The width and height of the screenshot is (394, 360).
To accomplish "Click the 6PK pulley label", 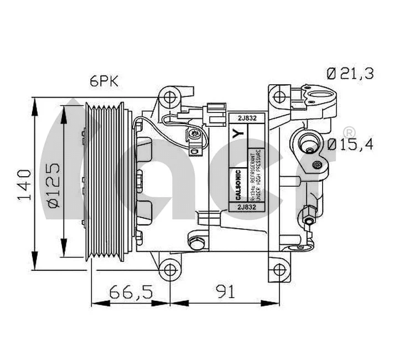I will click(105, 81).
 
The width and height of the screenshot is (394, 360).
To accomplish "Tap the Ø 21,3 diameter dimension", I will click(350, 73).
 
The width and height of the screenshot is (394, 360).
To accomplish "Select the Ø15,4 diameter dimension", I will click(350, 145).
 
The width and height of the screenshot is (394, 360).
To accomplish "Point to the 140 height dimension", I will click(23, 183).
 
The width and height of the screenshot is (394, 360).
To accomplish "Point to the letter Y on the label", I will click(237, 133).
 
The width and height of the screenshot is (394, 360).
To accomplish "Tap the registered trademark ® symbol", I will click(349, 132).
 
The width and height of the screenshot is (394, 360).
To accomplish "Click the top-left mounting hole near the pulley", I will click(170, 98).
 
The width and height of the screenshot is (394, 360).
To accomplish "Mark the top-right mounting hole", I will click(283, 94).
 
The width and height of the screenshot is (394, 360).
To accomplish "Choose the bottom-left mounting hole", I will click(170, 270).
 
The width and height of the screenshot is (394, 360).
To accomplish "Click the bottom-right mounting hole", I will click(282, 270).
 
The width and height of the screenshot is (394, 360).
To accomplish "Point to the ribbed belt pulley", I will click(108, 181).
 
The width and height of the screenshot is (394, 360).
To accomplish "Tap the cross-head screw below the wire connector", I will click(194, 134).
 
